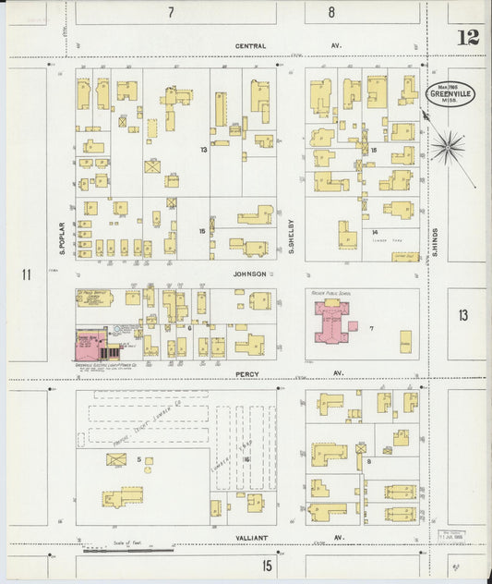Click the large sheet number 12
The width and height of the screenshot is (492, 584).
(467, 38)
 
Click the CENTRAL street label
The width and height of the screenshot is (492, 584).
(250, 45)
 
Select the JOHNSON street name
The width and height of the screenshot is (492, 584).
(249, 274)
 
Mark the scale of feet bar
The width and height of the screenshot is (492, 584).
(129, 549)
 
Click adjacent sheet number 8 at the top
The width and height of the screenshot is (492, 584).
(331, 13)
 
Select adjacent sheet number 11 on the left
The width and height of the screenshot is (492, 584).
(27, 274)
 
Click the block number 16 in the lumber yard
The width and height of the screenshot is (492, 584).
(246, 458)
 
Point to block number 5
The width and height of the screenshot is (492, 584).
(139, 459)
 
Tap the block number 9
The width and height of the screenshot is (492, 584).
(368, 460)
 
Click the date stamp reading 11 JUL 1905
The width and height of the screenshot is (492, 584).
(451, 536)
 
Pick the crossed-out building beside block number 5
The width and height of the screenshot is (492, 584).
(116, 459)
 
